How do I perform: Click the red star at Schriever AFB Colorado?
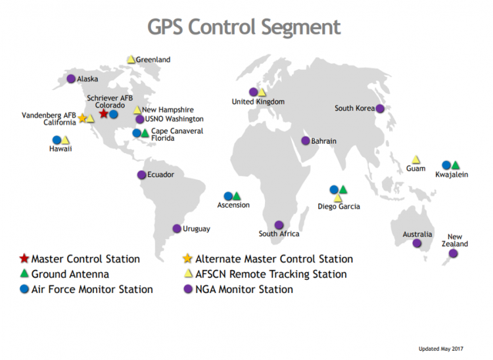click(x=103, y=114)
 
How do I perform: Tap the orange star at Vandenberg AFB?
click(x=82, y=118)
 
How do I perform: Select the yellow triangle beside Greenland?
click(x=131, y=59)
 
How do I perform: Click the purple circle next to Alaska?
click(x=71, y=79)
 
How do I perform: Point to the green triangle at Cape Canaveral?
click(x=145, y=133)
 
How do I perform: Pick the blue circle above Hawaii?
click(x=57, y=140)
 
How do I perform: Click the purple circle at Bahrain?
click(x=306, y=141)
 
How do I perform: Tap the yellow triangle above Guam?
click(x=416, y=160)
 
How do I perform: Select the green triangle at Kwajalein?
click(x=456, y=165)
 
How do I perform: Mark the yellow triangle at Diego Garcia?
click(x=338, y=198)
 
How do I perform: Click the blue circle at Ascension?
click(x=228, y=196)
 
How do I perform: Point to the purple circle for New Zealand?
click(x=453, y=253)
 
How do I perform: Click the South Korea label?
click(x=355, y=108)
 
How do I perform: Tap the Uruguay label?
click(x=197, y=229)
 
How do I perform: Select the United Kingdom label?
click(x=258, y=102)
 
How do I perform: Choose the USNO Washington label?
click(x=174, y=119)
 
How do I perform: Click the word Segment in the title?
click(x=301, y=28)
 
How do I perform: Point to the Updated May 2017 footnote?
click(x=441, y=349)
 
